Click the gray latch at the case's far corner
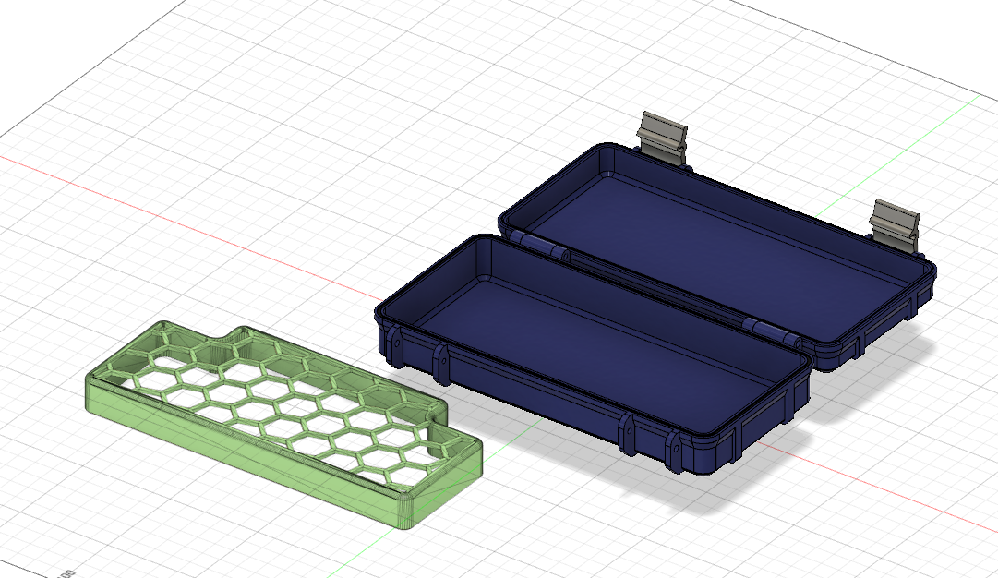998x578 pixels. point(663,136)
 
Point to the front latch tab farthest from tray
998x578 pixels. point(674,452)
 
